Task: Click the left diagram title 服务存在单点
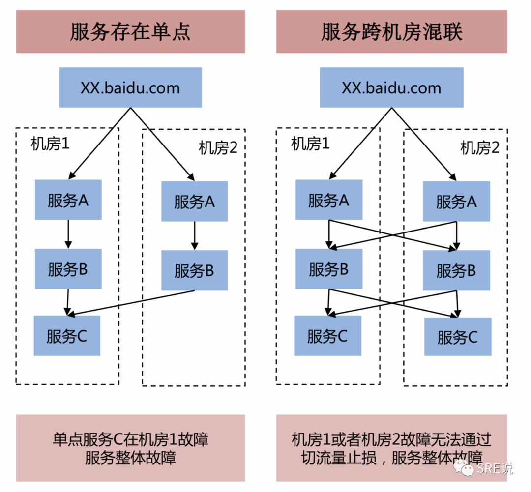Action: (130, 32)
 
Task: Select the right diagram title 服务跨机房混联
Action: (392, 32)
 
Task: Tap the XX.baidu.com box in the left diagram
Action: (130, 88)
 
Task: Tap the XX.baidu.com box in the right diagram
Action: (391, 88)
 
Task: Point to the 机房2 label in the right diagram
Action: (479, 147)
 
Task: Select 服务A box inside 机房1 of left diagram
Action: (68, 200)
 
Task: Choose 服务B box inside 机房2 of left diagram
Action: (194, 270)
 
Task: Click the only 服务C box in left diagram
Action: (67, 336)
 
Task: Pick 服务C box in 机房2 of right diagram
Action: (457, 337)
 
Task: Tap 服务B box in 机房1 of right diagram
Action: (328, 269)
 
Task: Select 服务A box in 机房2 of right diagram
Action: (456, 202)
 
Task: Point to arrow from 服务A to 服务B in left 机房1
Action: (68, 234)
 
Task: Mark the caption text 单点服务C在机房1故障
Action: (130, 439)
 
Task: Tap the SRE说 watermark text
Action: (494, 468)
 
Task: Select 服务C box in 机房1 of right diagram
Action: (327, 336)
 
